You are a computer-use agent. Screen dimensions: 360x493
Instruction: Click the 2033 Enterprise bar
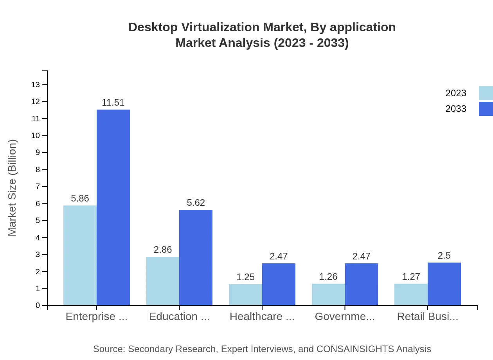[x=113, y=207]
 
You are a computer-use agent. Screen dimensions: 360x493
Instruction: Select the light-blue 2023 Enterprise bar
[x=80, y=255]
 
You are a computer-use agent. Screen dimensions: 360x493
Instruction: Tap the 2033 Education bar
[x=196, y=257]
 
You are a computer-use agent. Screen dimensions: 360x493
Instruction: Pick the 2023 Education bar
[x=163, y=281]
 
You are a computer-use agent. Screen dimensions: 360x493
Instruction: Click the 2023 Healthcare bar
[x=245, y=295]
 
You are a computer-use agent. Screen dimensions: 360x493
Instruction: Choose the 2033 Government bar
[x=362, y=284]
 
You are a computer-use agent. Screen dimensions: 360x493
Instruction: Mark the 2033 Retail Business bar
[x=444, y=284]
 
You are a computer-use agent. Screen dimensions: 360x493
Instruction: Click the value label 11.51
[x=113, y=103]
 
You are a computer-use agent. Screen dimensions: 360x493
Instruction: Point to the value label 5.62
[x=196, y=203]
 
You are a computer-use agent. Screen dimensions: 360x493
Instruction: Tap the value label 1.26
[x=328, y=277]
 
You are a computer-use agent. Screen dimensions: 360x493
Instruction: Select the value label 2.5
[x=444, y=256]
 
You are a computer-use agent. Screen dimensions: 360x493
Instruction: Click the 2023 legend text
[x=456, y=93]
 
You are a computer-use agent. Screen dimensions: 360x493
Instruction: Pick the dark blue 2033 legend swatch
[x=486, y=109]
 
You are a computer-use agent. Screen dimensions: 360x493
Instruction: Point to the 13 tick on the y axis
[x=35, y=85]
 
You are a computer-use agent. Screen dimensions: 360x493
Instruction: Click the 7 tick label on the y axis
[x=38, y=187]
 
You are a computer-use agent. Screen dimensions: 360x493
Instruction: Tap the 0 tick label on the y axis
[x=38, y=306]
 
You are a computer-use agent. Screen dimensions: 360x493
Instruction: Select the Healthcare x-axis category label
[x=262, y=317]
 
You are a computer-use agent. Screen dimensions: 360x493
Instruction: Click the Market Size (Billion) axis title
[x=13, y=188]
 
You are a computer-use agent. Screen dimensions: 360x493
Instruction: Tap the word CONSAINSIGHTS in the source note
[x=355, y=349]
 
